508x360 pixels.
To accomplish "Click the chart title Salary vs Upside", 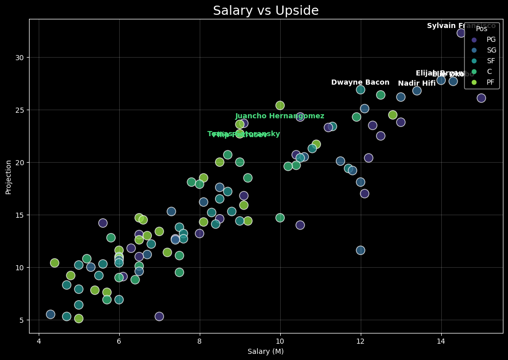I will click(265, 11).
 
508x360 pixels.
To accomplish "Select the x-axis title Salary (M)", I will click(265, 351).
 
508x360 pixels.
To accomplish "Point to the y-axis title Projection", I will click(9, 176).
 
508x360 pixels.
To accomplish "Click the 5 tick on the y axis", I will click(22, 320).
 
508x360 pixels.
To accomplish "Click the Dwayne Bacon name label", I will click(360, 83).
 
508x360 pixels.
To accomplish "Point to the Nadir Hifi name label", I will click(417, 84).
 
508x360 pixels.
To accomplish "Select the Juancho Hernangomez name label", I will click(280, 116).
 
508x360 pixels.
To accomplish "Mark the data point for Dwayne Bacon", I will click(360, 90).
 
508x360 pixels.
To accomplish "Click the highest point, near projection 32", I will click(461, 33).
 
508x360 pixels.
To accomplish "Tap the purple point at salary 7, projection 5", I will click(159, 317).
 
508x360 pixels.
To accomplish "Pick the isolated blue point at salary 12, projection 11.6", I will click(360, 250).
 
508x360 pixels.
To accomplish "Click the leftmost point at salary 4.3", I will click(50, 315).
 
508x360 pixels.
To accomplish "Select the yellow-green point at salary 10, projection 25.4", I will click(280, 106).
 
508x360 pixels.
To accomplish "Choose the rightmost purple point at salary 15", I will click(481, 98).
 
